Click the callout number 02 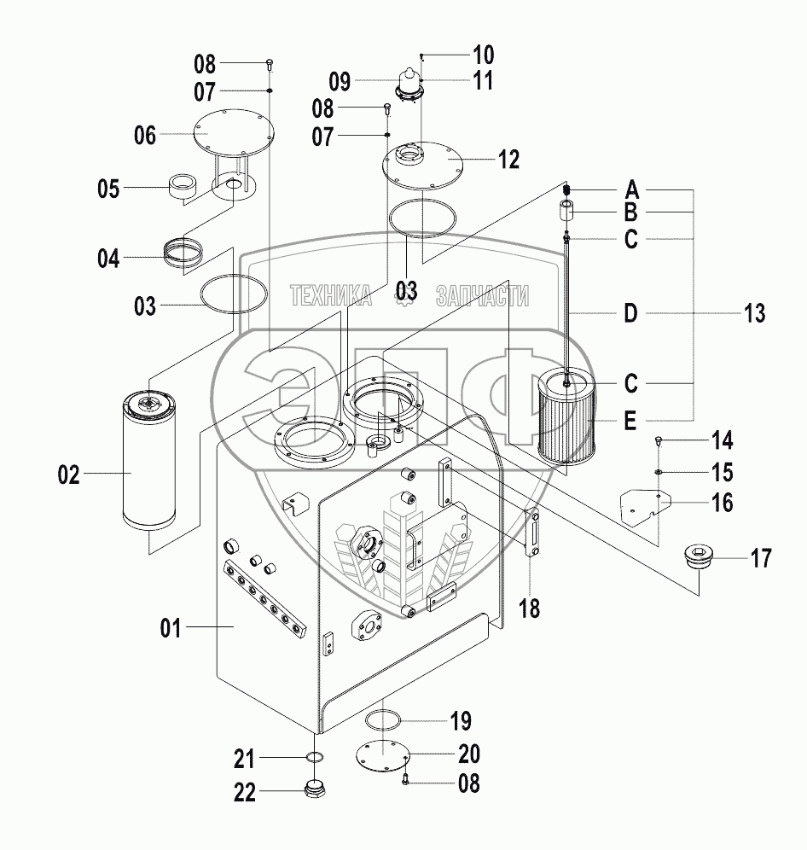pyautogui.click(x=68, y=475)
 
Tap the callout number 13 pyautogui.click(x=754, y=313)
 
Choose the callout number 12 pyautogui.click(x=508, y=159)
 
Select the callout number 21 pyautogui.click(x=246, y=758)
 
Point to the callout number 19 pyautogui.click(x=460, y=721)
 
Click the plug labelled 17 pyautogui.click(x=699, y=560)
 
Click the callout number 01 pyautogui.click(x=171, y=629)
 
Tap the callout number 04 pyautogui.click(x=108, y=257)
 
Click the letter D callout pyautogui.click(x=630, y=314)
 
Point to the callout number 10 pyautogui.click(x=483, y=56)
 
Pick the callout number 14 pyautogui.click(x=722, y=440)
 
